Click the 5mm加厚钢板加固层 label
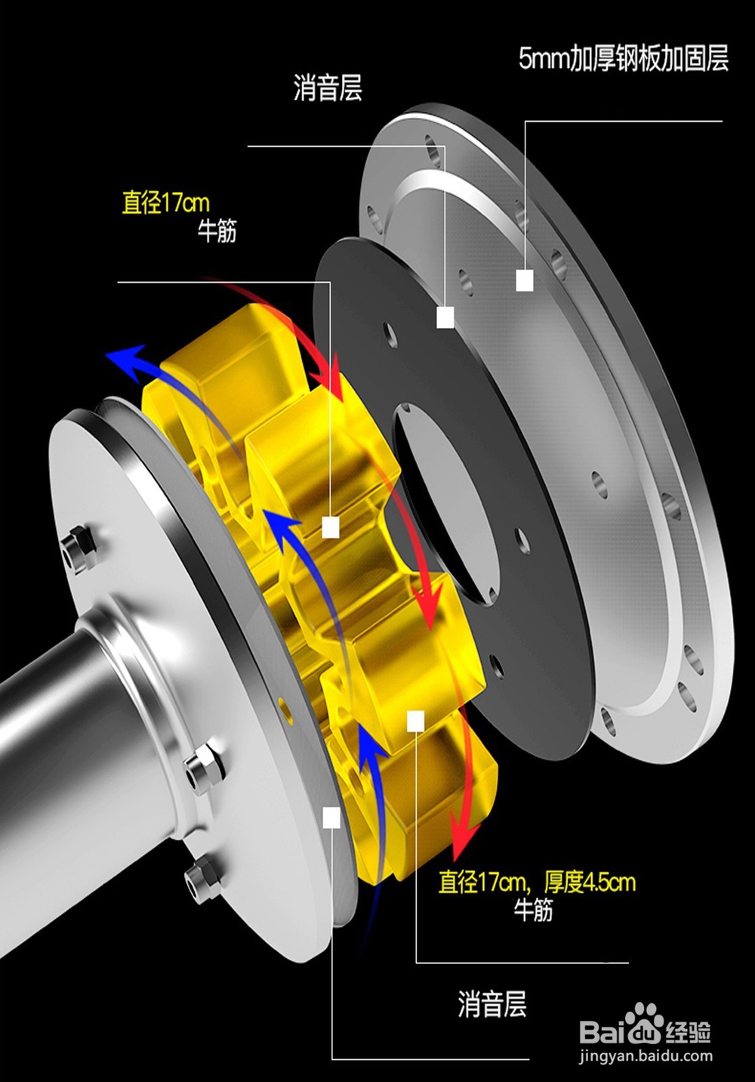click(x=623, y=60)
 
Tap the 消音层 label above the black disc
click(x=328, y=88)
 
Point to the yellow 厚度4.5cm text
click(x=590, y=883)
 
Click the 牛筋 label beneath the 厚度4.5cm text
click(x=533, y=910)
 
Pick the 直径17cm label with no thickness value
click(x=165, y=202)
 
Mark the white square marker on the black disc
click(x=445, y=317)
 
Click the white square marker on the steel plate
click(x=525, y=280)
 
